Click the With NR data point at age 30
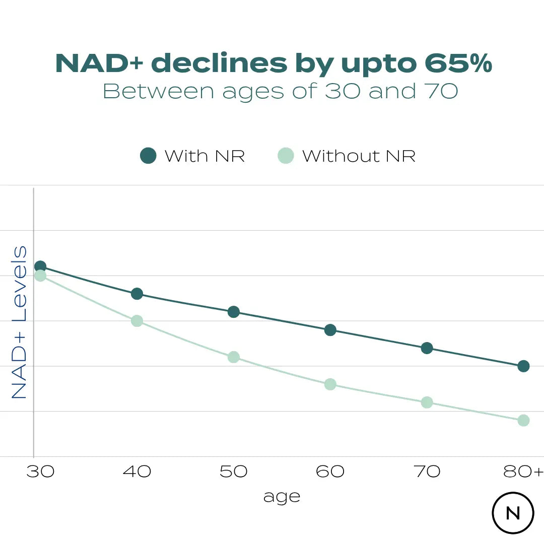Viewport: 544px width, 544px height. (40, 266)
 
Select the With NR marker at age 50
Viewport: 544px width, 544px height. (233, 312)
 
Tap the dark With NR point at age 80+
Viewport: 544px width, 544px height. (523, 366)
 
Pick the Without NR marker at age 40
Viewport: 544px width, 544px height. (137, 321)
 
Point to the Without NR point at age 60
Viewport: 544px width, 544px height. (330, 384)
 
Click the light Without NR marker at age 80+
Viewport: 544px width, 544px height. (523, 421)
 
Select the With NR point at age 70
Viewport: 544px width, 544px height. (427, 348)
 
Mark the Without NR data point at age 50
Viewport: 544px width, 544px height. (233, 357)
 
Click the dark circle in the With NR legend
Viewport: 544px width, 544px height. (148, 156)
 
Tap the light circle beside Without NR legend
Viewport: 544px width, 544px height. (286, 156)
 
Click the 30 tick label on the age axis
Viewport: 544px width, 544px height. (40, 471)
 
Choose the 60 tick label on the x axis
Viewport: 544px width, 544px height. (330, 471)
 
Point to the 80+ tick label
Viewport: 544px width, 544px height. (524, 471)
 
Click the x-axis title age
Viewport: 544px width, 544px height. (282, 497)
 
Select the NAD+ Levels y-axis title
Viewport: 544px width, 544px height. (19, 322)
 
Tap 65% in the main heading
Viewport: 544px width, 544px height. (457, 63)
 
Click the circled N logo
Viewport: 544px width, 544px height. (513, 513)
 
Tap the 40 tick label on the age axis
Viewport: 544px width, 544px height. (137, 471)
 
